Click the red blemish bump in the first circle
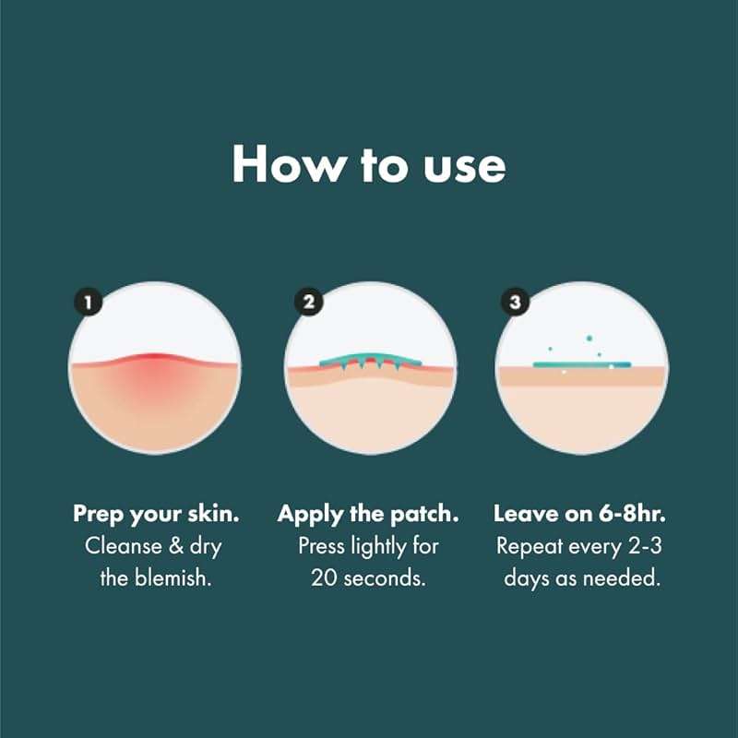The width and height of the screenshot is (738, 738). tap(154, 362)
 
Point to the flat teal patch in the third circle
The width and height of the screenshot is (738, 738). tap(582, 364)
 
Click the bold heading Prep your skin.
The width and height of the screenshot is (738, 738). tap(154, 513)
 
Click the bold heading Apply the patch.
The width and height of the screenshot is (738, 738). tap(369, 513)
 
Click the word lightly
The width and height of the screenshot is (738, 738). tap(378, 544)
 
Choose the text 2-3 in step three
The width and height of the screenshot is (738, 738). tap(647, 544)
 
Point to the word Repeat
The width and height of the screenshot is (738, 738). tap(526, 544)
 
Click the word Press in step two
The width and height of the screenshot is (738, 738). tap(321, 544)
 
